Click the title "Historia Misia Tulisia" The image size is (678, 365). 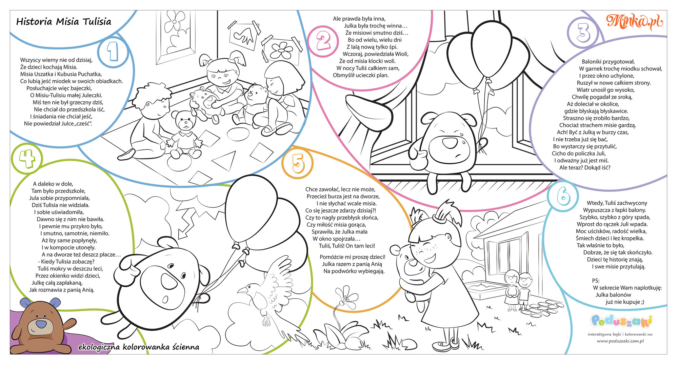pos(64,22)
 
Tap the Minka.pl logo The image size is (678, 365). pos(634,21)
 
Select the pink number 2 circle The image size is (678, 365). pos(324,41)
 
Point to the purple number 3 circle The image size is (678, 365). pos(583,33)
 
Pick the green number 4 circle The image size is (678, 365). pos(27,159)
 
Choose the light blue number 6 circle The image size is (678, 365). pos(563,196)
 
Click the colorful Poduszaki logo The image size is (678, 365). pos(621,321)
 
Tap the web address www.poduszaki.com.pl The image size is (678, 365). pos(620,341)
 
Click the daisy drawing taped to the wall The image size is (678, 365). pos(281,49)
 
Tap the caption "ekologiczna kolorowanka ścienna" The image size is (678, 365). pos(139,347)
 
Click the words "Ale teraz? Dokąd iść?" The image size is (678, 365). pos(585,167)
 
